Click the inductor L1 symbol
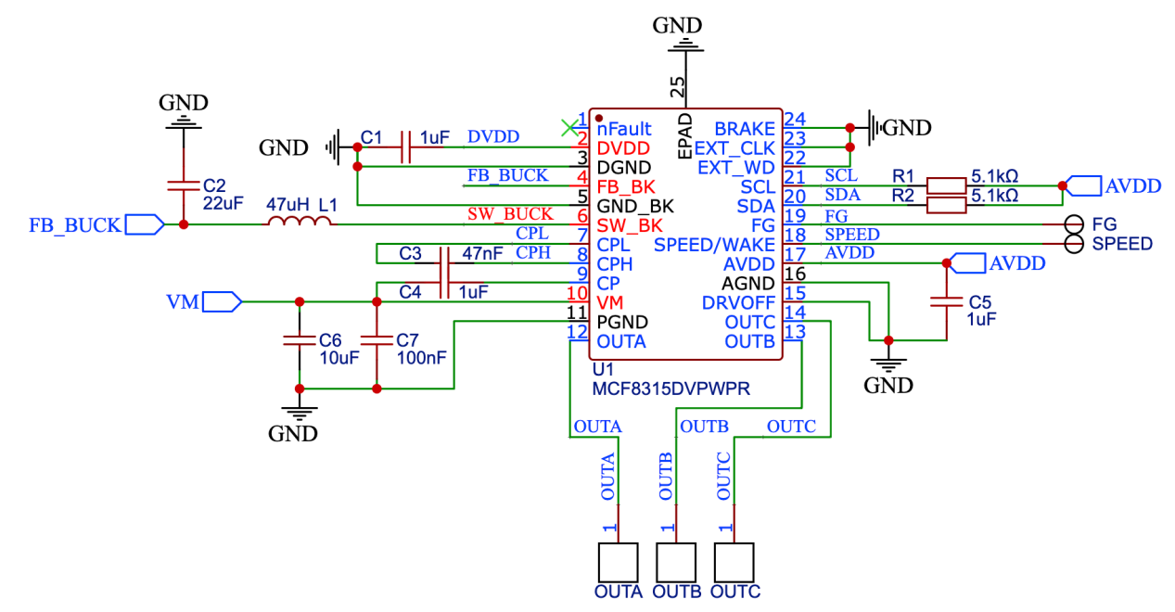click(300, 223)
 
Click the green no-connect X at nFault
click(568, 127)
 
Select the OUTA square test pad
click(618, 563)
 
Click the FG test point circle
click(1074, 224)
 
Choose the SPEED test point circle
click(1074, 244)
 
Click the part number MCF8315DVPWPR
click(671, 390)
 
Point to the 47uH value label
click(287, 202)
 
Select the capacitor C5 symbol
click(947, 301)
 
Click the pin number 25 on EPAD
click(679, 87)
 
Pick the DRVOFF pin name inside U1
click(739, 303)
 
